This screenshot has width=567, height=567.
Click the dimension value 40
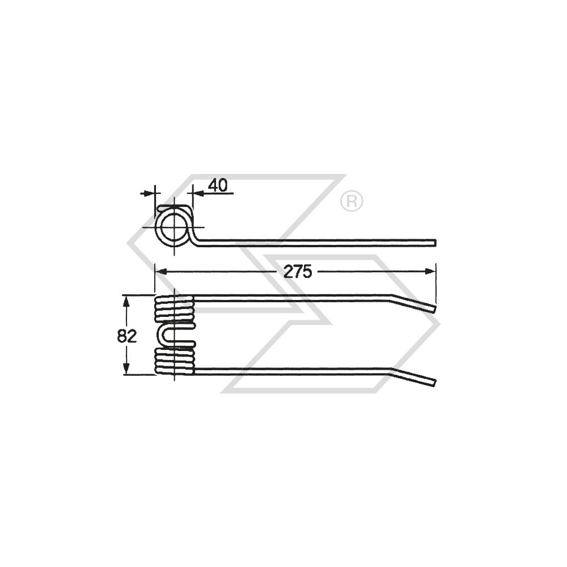point(218,185)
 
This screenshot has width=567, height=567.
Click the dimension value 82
point(127,336)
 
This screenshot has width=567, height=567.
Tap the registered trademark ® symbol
point(352,201)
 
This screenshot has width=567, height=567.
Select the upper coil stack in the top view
point(174,308)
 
